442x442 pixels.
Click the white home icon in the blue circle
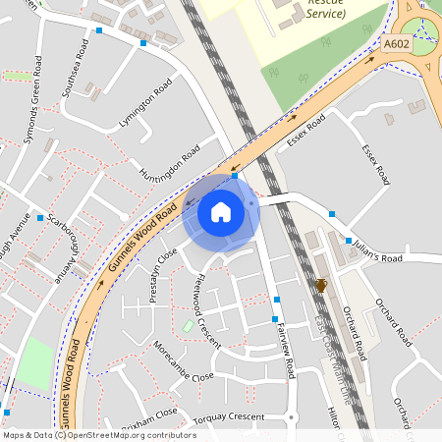click(x=221, y=211)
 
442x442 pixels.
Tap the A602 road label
click(x=396, y=44)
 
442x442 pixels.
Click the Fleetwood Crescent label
click(x=207, y=304)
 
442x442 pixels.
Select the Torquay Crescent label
click(x=229, y=416)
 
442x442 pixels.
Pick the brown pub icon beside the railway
click(x=320, y=286)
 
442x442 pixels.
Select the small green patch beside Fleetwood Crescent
click(x=188, y=325)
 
